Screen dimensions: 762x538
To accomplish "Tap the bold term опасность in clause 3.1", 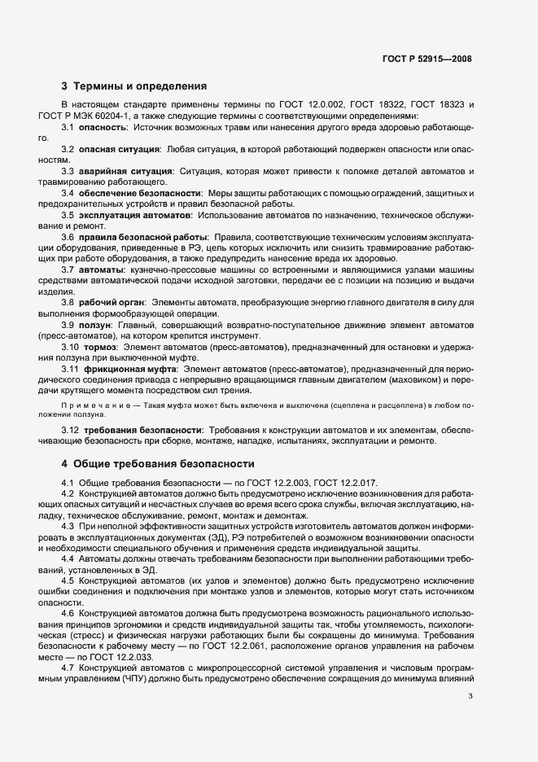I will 103,128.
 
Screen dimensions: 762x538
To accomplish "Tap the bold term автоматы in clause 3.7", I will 102,268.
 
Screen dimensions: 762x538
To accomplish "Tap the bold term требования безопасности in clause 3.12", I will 141,430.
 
